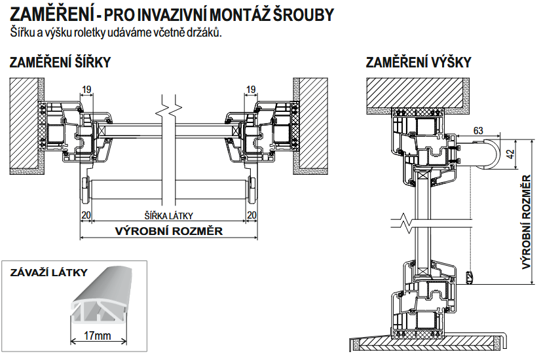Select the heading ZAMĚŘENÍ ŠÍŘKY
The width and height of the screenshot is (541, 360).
[60, 63]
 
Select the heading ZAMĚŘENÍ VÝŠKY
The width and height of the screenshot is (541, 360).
[419, 63]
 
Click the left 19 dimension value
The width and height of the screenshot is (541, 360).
[85, 90]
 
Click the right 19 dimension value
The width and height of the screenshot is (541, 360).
[250, 90]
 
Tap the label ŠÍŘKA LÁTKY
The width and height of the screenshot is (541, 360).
[168, 215]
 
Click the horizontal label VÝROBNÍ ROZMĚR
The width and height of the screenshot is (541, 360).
[169, 230]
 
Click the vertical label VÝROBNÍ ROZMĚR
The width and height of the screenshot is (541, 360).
[526, 223]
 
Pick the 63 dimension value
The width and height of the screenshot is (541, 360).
[477, 131]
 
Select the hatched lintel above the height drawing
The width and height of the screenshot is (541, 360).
[417, 92]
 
